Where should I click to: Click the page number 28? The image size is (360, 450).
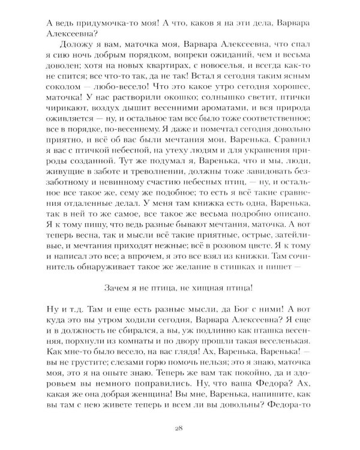180,427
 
